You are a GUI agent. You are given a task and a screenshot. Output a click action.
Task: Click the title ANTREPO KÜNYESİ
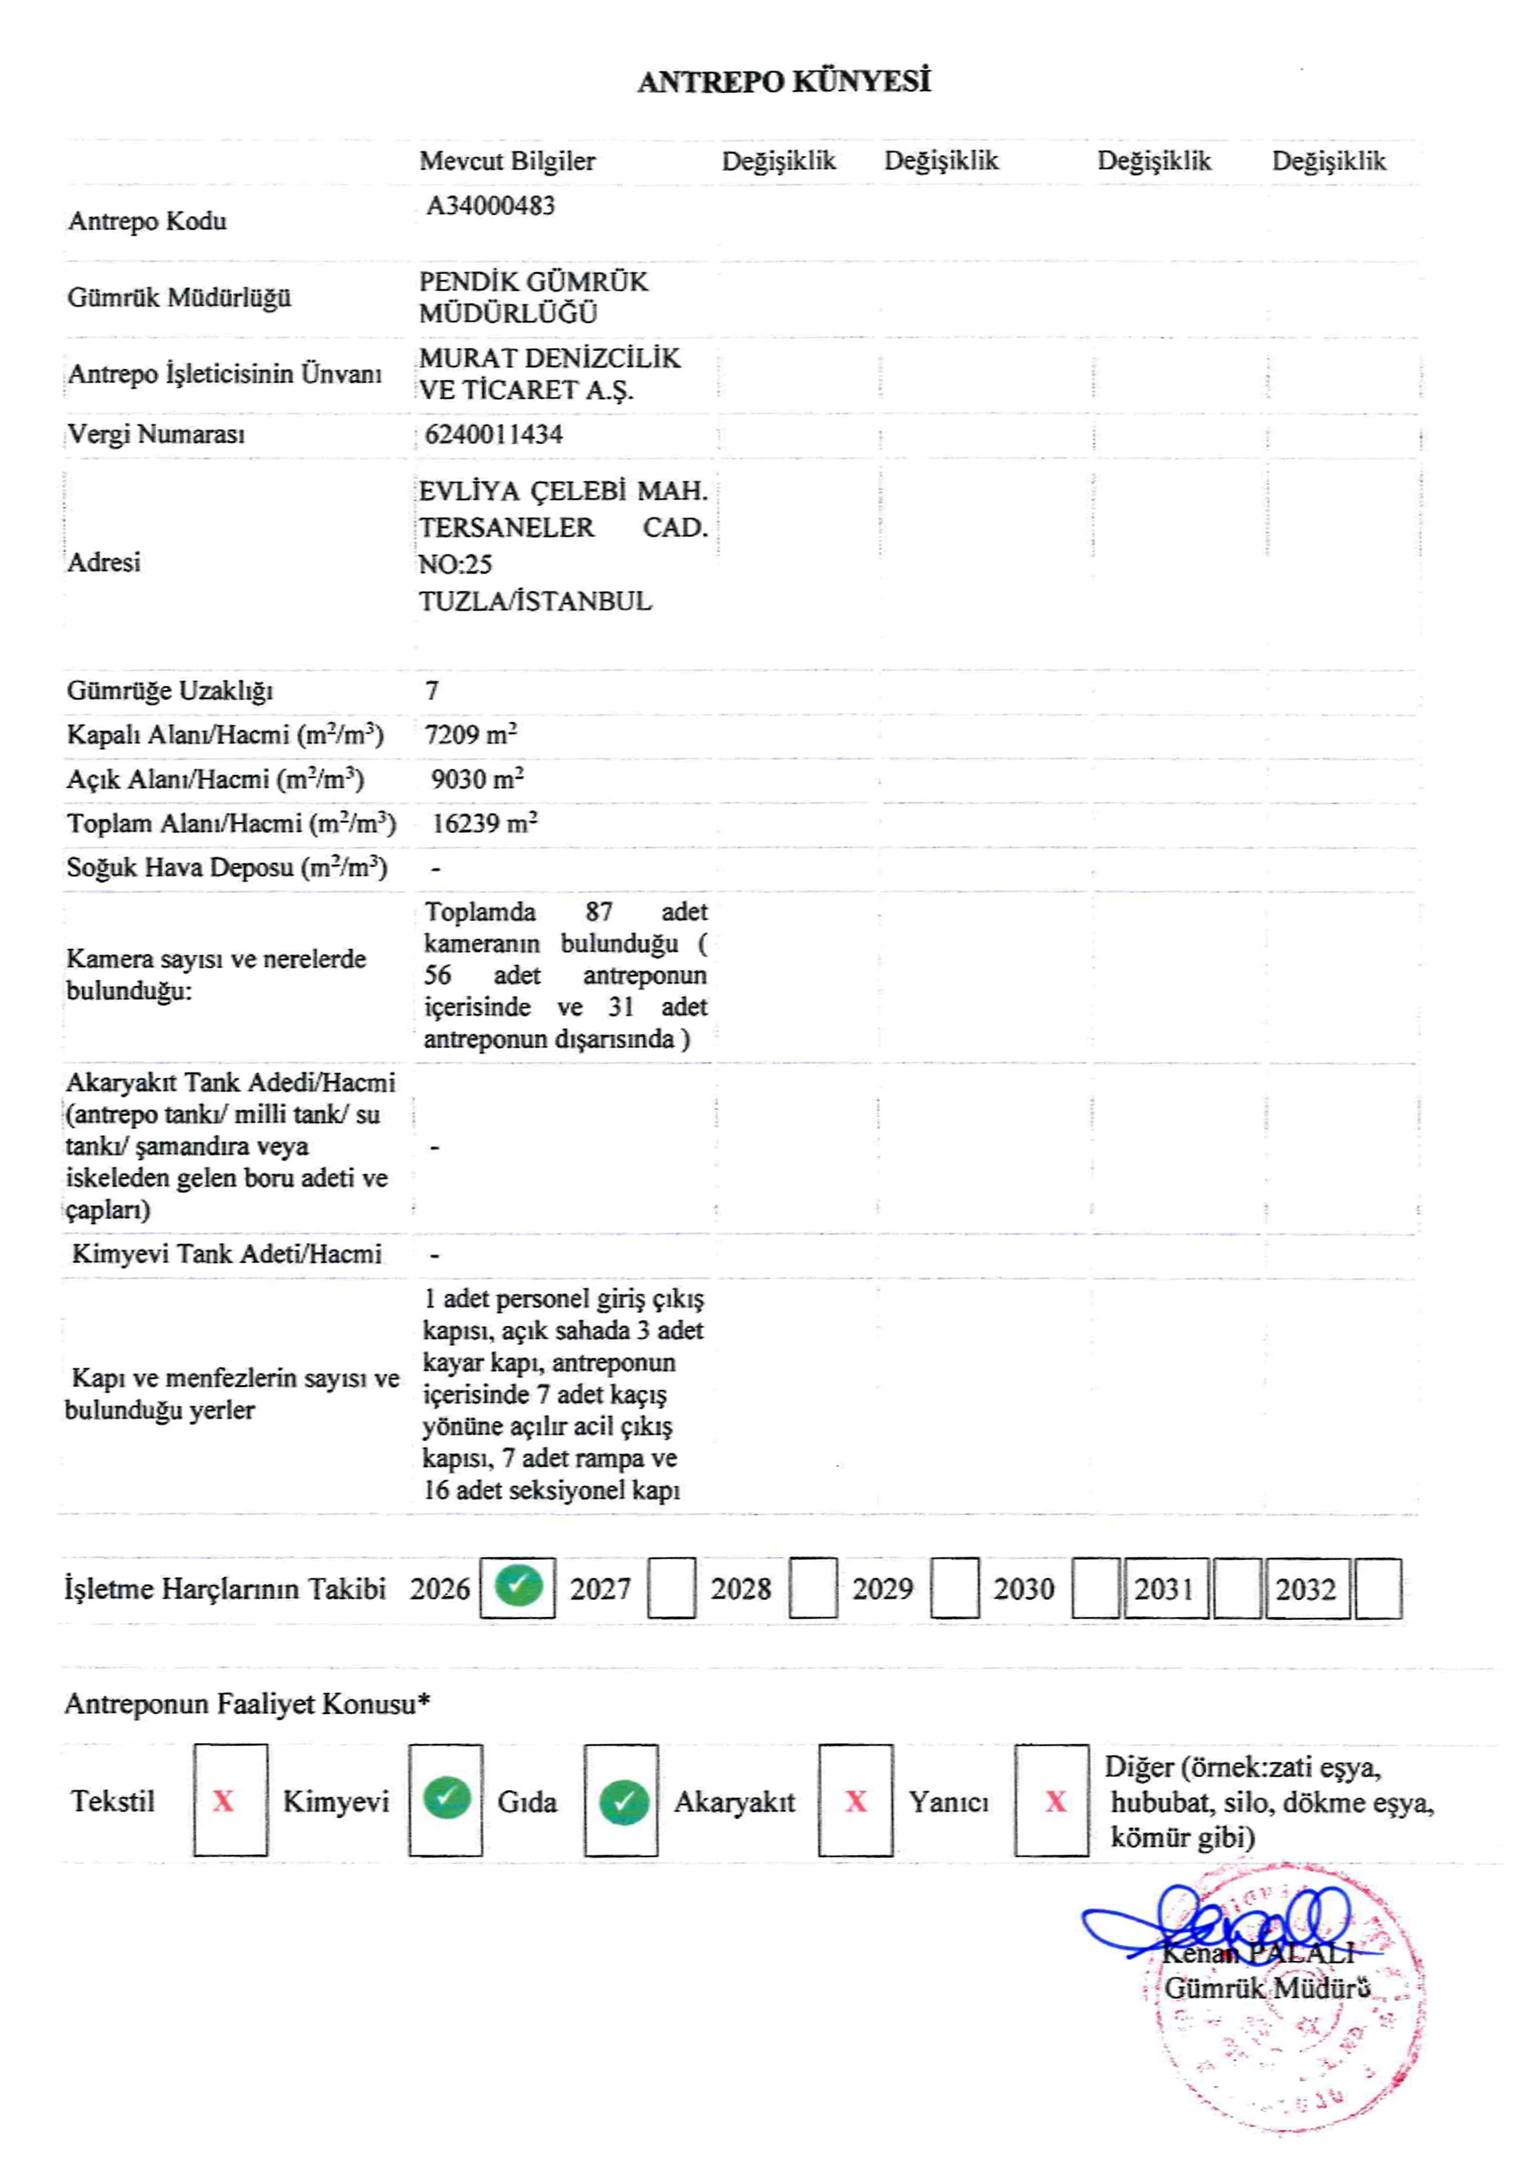[x=783, y=82]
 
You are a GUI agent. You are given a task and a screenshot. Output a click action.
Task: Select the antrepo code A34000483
[x=491, y=206]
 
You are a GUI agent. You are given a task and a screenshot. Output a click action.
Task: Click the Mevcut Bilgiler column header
[x=507, y=161]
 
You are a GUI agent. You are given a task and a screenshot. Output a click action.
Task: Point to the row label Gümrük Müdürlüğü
[x=179, y=298]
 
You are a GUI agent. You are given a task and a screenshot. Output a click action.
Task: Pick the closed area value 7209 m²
[x=470, y=735]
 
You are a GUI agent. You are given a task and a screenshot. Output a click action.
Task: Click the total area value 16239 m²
[x=484, y=823]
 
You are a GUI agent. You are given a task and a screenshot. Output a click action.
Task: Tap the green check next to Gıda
[x=622, y=1801]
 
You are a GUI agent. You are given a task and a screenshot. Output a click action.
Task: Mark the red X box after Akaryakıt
[x=855, y=1801]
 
